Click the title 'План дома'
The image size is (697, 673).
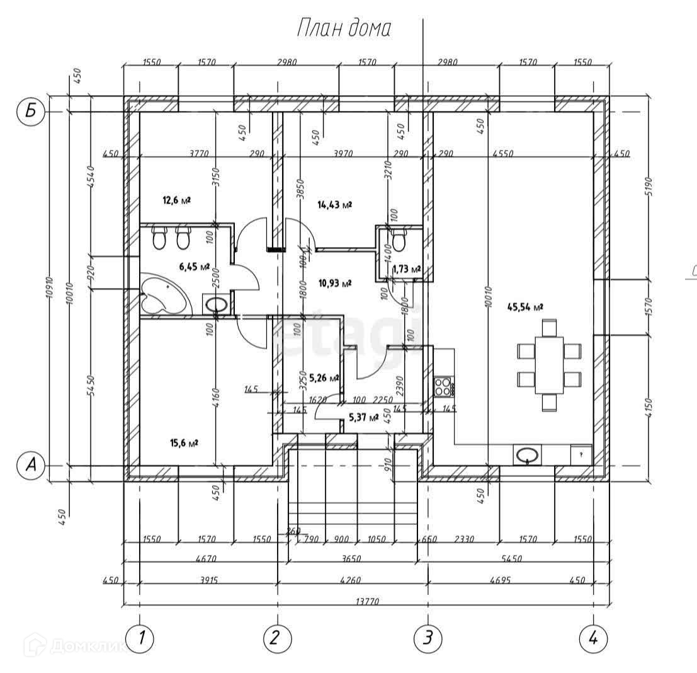click(344, 28)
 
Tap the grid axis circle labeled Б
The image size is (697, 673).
click(30, 113)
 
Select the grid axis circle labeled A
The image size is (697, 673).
click(30, 466)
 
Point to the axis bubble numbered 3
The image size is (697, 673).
click(428, 638)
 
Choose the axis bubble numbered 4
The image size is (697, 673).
click(592, 638)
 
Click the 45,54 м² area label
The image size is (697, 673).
click(524, 307)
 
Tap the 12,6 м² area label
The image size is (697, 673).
click(176, 200)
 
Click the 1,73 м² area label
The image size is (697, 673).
click(406, 270)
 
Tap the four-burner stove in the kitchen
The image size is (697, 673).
click(443, 386)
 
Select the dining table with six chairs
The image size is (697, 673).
click(549, 365)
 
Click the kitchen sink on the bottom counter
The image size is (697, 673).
click(526, 454)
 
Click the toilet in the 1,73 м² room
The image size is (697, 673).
click(398, 239)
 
